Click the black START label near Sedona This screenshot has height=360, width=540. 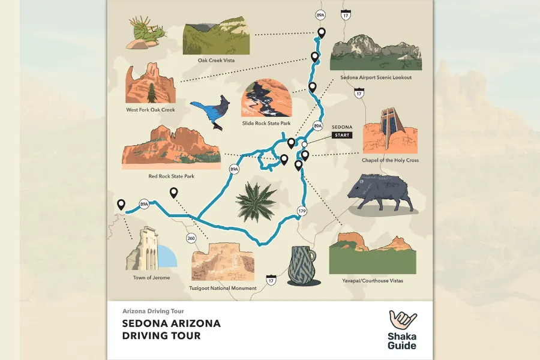click(342, 135)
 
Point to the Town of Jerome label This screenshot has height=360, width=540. click(151, 278)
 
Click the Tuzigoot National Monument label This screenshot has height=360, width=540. click(224, 289)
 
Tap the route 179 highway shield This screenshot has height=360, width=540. click(302, 211)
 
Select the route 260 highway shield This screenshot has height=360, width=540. click(191, 238)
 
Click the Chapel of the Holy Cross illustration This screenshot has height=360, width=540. click(390, 132)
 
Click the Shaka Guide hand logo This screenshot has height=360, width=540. click(403, 320)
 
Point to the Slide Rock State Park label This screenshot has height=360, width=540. click(266, 124)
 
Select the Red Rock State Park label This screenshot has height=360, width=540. click(172, 176)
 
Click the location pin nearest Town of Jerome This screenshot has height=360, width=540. click(121, 205)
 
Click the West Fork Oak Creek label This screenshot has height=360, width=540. click(150, 110)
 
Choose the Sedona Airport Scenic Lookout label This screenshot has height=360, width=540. click(376, 77)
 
